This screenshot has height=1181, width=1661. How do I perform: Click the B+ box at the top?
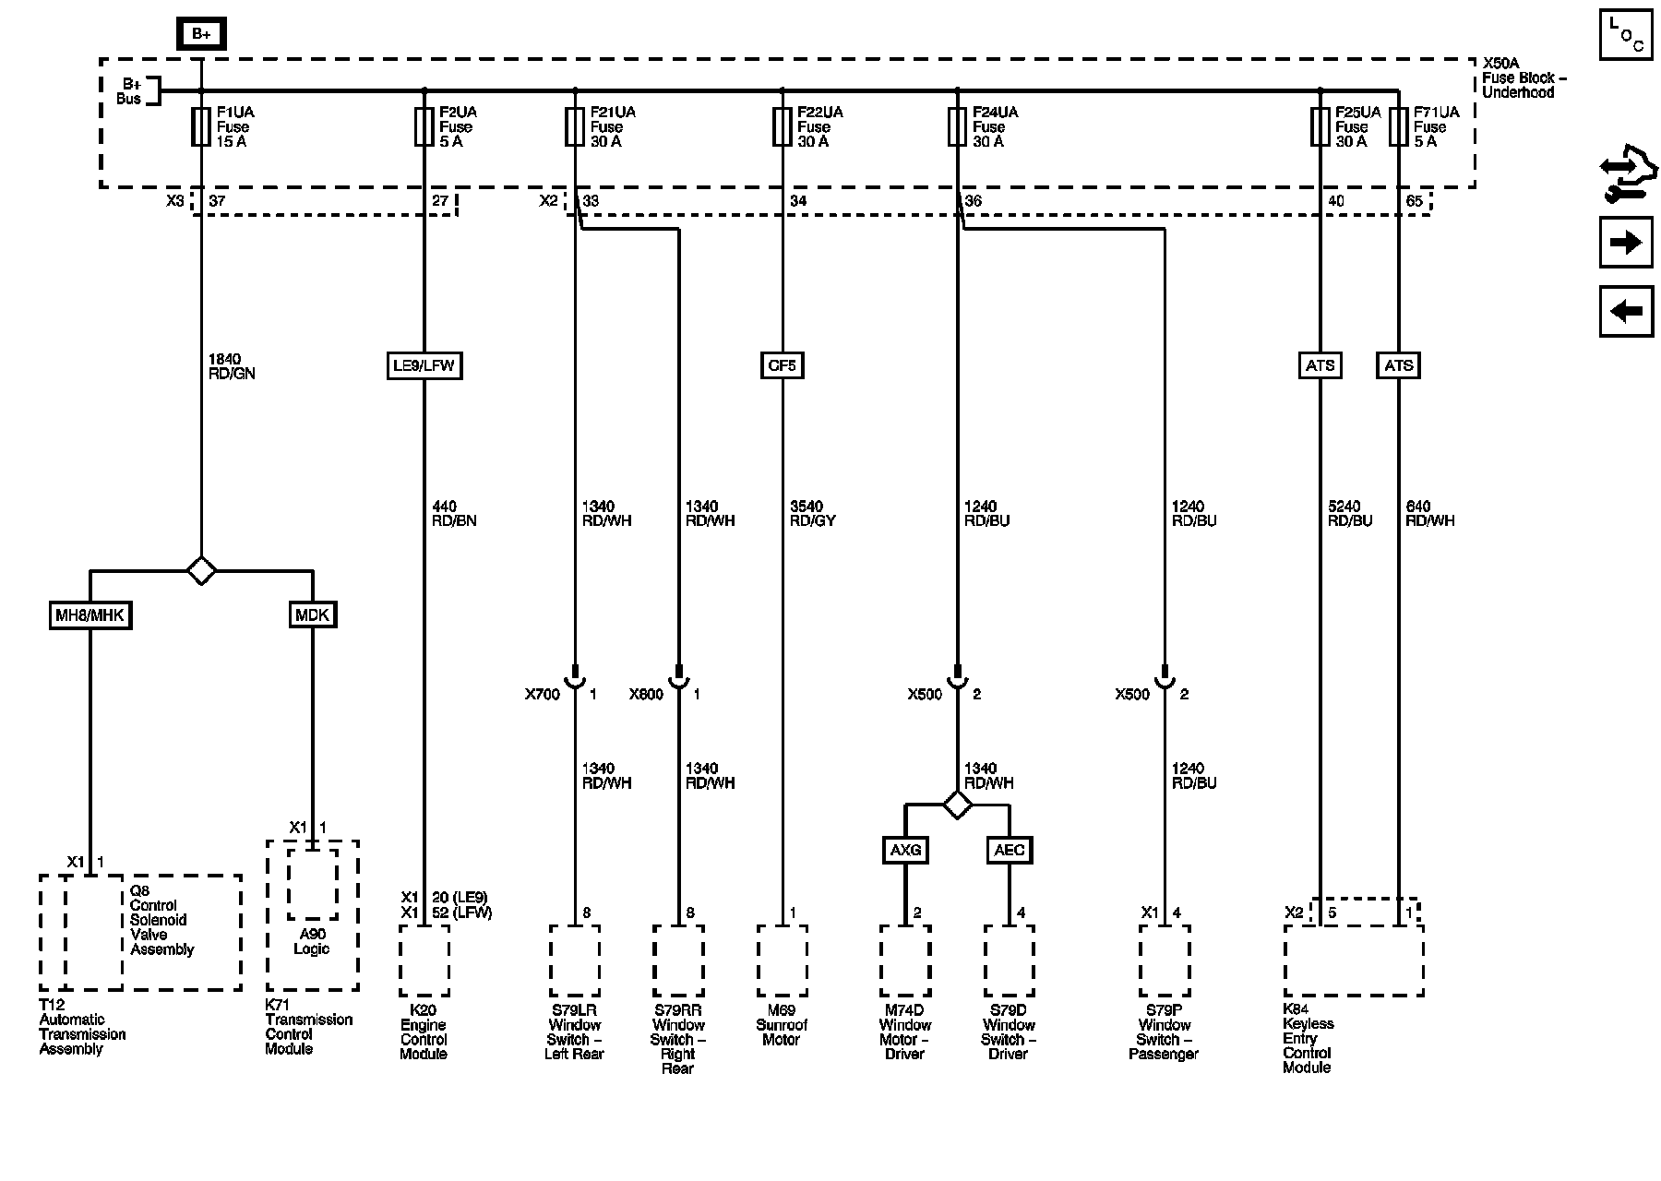[x=201, y=35]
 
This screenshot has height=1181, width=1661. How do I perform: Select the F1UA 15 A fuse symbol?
[x=201, y=127]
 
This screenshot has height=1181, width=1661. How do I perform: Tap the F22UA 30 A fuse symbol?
[x=783, y=127]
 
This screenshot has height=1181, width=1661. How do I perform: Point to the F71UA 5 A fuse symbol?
[x=1399, y=127]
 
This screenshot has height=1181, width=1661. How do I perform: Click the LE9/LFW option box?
[x=424, y=365]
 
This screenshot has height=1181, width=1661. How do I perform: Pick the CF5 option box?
[x=782, y=365]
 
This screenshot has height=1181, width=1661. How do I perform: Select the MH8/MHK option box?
[x=90, y=614]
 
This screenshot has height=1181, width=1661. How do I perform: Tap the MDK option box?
[x=312, y=614]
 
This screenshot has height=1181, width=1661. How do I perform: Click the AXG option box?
[x=905, y=850]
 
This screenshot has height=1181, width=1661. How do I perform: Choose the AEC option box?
[x=1009, y=850]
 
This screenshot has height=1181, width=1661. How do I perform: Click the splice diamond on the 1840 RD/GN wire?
[x=201, y=570]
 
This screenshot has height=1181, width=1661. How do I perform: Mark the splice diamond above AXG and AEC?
[x=957, y=805]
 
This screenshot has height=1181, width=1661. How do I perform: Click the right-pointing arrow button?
[x=1626, y=243]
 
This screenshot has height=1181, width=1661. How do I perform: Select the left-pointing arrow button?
[x=1626, y=311]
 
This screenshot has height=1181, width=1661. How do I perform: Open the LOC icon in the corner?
[x=1626, y=35]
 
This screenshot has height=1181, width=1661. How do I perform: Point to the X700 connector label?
[x=543, y=695]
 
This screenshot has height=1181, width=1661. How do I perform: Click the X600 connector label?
[x=646, y=695]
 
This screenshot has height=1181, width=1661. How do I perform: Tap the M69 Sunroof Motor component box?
[x=783, y=960]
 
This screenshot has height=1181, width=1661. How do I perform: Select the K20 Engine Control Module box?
[x=424, y=960]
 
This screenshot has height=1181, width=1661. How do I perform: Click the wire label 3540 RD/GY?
[x=813, y=514]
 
